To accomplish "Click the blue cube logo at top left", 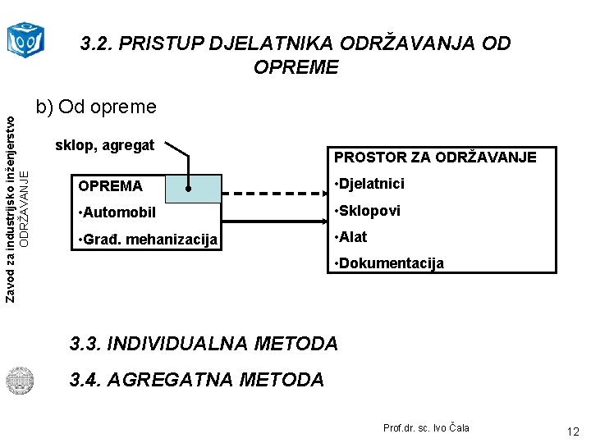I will pos(25,38).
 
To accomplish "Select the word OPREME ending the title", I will pos(295,67).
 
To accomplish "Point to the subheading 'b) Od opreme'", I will pos(95,107).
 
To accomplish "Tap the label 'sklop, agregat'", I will pos(104,146).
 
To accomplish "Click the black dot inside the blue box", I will pos(189,189).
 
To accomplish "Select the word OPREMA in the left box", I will pos(110,186).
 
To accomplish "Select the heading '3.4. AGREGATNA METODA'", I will pos(197,380).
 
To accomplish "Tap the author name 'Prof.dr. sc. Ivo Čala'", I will pos(426,428).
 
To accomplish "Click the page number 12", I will pos(572,431).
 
